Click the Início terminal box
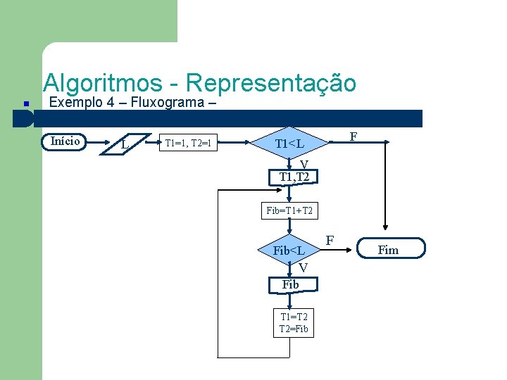point(65,141)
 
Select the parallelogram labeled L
point(125,144)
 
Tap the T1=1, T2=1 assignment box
point(188,144)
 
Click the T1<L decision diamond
point(289,144)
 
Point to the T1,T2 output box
point(294,177)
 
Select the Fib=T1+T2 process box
point(289,210)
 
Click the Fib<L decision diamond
point(289,251)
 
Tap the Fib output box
point(290,284)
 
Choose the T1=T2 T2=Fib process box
point(294,323)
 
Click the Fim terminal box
point(388,249)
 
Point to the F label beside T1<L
point(353,136)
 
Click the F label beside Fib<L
point(329,241)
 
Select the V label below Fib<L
point(302,267)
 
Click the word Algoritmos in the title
point(102,83)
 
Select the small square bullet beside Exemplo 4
point(25,104)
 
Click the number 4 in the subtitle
point(102,103)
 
